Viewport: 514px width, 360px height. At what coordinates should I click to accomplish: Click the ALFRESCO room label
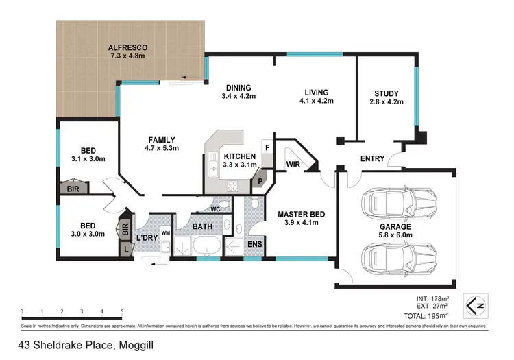[x=127, y=47]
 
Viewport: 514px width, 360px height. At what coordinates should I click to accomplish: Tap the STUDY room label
[x=387, y=94]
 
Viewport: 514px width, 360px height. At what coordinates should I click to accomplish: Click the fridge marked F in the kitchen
[x=267, y=147]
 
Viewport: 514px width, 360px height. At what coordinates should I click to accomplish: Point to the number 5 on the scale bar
[x=122, y=311]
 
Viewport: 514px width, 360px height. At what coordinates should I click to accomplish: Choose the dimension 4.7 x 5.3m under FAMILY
[x=162, y=148]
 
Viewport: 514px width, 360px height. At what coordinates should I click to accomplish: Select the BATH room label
[x=202, y=226]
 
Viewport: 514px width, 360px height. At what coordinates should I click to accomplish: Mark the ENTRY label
[x=372, y=159]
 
